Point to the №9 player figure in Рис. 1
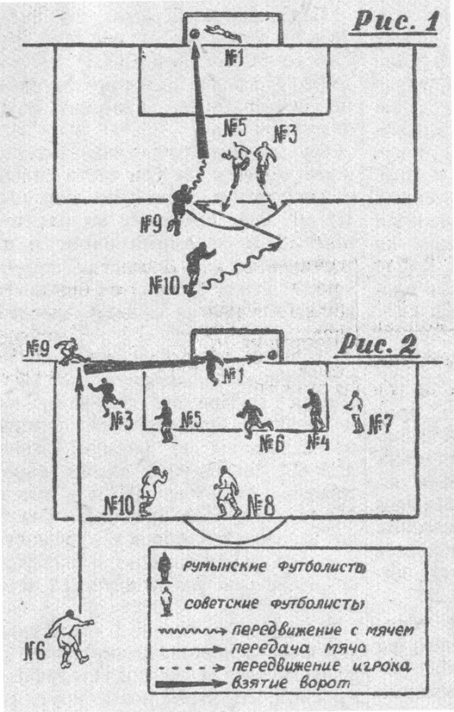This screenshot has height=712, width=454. tap(179, 208)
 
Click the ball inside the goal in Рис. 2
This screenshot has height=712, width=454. tap(272, 355)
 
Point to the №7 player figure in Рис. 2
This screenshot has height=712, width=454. tap(355, 411)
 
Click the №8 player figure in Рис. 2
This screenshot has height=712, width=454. tap(226, 490)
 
